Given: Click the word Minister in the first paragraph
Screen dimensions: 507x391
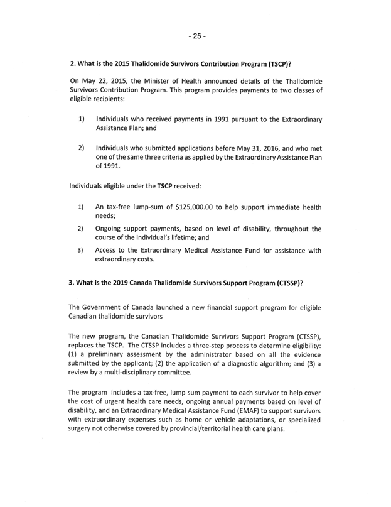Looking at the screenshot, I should coord(160,80).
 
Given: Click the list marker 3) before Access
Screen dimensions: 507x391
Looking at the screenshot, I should coord(81,250).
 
